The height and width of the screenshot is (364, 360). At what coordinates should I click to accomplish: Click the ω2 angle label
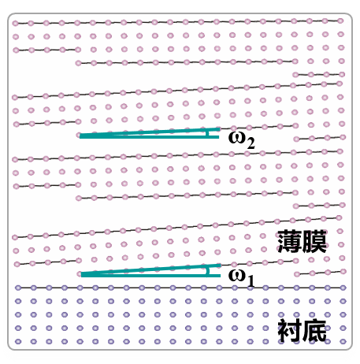tap(241, 140)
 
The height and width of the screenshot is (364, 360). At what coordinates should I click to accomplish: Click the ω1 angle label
tap(241, 279)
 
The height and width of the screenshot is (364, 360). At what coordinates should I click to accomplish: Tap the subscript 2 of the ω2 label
tap(251, 143)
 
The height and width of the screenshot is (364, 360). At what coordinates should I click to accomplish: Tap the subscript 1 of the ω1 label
tap(251, 281)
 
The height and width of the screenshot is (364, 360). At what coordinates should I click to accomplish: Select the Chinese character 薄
tap(290, 241)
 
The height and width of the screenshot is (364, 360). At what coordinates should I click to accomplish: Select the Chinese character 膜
tap(314, 241)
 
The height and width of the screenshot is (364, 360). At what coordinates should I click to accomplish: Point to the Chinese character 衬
tap(290, 330)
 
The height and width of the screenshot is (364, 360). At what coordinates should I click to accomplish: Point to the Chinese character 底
tap(314, 330)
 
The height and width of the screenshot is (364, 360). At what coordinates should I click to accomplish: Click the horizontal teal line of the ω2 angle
tap(150, 136)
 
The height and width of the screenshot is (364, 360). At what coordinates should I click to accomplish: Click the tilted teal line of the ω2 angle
tap(150, 132)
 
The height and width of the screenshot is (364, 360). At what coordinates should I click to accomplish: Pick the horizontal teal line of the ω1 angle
tap(150, 275)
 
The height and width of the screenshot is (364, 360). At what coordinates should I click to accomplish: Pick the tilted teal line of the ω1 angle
tap(150, 270)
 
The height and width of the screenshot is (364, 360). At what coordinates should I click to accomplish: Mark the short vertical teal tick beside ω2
tap(207, 133)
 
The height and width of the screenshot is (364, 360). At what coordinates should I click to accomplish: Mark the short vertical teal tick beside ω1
tap(207, 271)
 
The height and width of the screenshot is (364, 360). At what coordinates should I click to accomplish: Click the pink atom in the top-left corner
tap(16, 24)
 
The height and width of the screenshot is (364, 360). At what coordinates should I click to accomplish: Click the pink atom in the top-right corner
tap(340, 20)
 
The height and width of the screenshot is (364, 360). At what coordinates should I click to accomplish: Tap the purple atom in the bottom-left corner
tap(18, 341)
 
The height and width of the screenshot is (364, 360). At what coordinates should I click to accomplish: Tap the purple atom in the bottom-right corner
tap(343, 341)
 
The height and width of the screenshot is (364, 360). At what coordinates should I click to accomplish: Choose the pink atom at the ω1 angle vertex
tap(79, 274)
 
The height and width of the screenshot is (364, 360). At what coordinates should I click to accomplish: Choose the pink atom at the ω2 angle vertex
tap(79, 136)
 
